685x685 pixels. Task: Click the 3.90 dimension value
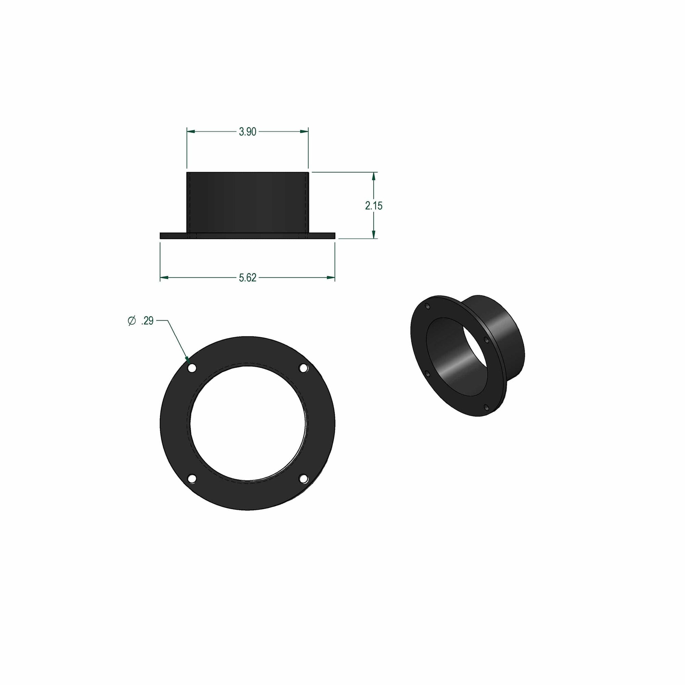pyautogui.click(x=248, y=132)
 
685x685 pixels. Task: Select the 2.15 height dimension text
pyautogui.click(x=374, y=206)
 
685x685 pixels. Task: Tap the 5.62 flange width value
pyautogui.click(x=248, y=278)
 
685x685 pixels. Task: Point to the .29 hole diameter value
pyautogui.click(x=147, y=321)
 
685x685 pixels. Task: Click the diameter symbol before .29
pyautogui.click(x=132, y=321)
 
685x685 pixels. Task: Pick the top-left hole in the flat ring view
pyautogui.click(x=192, y=369)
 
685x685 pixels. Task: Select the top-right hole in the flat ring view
pyautogui.click(x=303, y=369)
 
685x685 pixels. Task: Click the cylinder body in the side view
pyautogui.click(x=248, y=202)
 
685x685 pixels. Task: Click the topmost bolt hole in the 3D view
pyautogui.click(x=427, y=306)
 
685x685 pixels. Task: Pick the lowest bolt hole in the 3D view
pyautogui.click(x=487, y=408)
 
